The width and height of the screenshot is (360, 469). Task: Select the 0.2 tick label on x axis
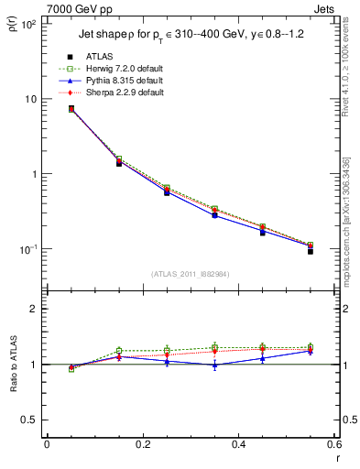click(142, 443)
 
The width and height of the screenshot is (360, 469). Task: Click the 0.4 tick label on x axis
click(237, 443)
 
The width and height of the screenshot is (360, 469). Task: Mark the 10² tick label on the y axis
click(28, 24)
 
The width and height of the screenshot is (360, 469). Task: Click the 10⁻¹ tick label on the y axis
click(28, 249)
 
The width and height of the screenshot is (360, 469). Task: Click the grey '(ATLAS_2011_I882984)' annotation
click(190, 274)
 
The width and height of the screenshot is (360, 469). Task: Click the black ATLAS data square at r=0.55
click(310, 250)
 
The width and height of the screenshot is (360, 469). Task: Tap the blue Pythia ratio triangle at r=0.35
click(214, 365)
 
